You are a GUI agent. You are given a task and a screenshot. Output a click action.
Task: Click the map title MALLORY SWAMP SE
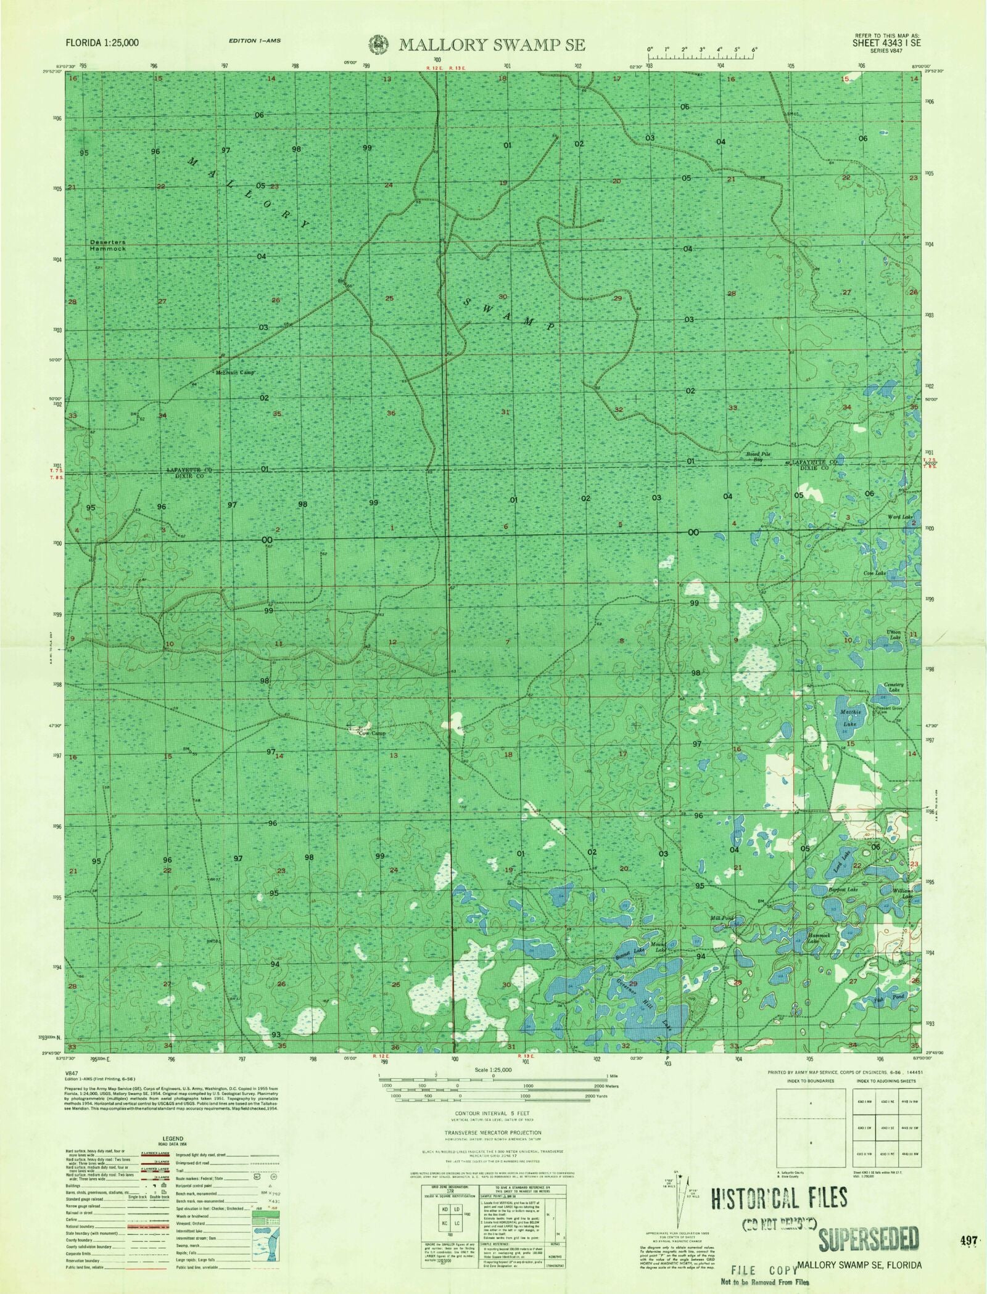[492, 45]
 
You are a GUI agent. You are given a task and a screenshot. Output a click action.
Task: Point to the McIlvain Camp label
[234, 373]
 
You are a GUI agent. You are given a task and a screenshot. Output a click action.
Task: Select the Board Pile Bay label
[758, 457]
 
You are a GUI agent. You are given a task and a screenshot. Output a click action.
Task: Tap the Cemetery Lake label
[894, 687]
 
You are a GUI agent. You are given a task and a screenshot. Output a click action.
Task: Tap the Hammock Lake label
[821, 938]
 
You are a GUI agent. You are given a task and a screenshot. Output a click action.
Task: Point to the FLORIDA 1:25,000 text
[104, 43]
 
